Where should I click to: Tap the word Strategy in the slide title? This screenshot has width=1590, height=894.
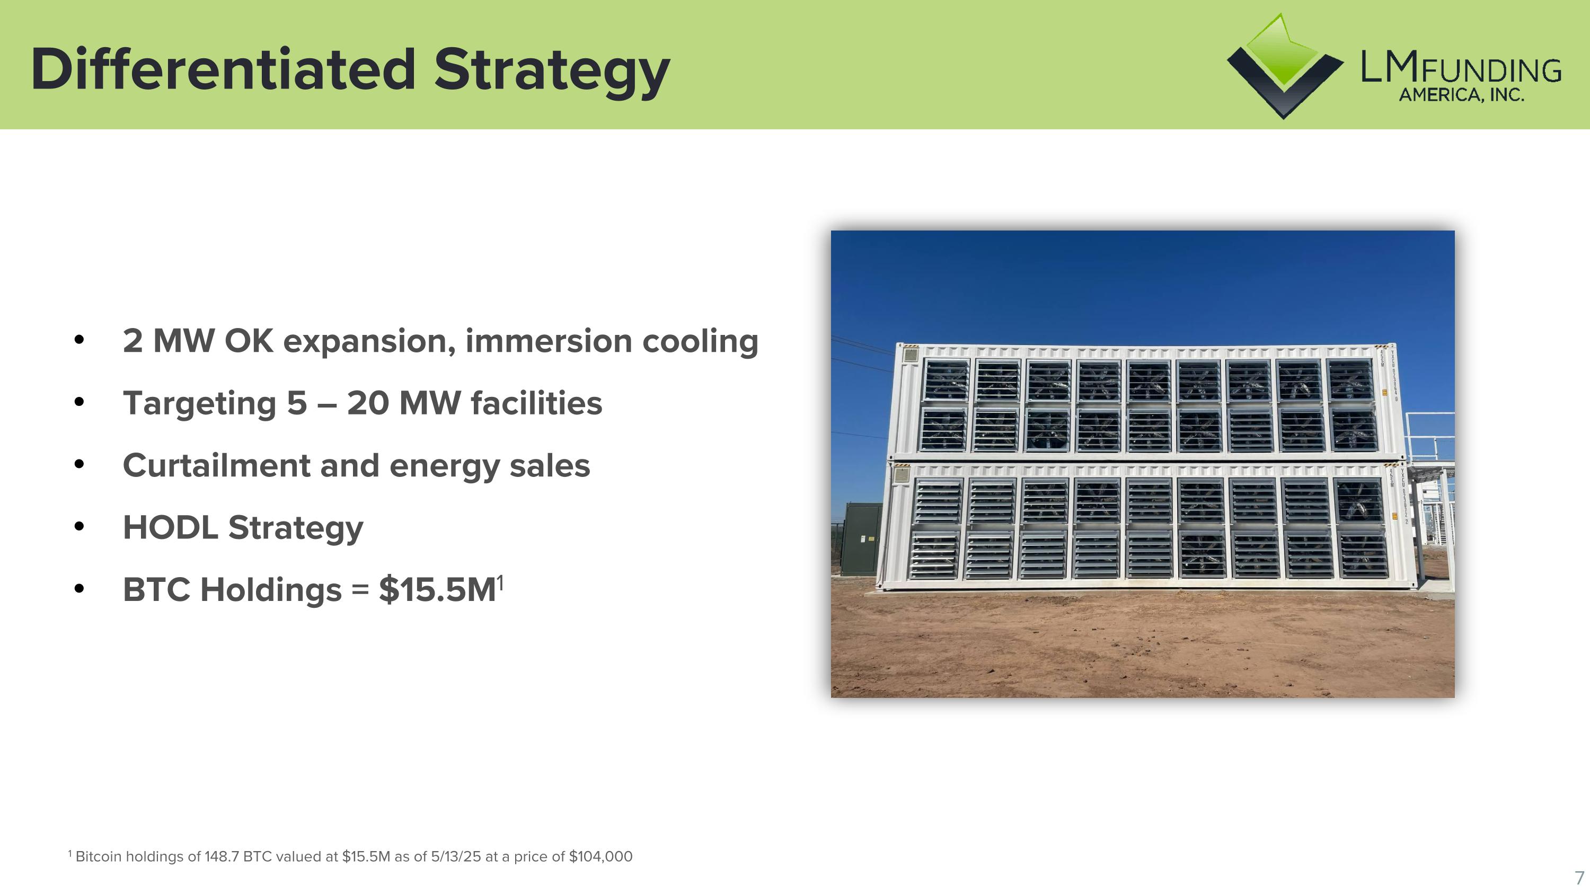click(x=551, y=72)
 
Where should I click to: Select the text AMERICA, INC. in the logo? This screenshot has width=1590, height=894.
click(x=1461, y=95)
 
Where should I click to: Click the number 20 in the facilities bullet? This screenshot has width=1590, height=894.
click(x=368, y=403)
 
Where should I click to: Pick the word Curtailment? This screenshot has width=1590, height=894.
click(x=216, y=466)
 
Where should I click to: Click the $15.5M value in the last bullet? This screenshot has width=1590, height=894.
click(x=437, y=590)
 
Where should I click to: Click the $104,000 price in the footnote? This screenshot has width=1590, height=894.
click(x=600, y=856)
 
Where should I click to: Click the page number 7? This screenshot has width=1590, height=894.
click(x=1579, y=878)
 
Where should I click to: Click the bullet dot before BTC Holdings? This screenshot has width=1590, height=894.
click(x=78, y=589)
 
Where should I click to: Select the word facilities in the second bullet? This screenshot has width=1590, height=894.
click(x=536, y=403)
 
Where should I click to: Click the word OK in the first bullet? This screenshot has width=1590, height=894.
click(x=248, y=341)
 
